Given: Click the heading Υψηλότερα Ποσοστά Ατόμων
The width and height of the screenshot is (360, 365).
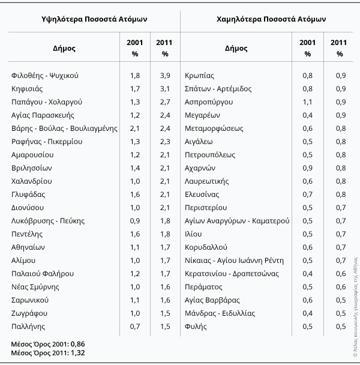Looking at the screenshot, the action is click(x=94, y=19).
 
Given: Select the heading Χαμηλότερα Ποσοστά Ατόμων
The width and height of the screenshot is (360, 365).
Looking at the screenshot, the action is click(x=271, y=19).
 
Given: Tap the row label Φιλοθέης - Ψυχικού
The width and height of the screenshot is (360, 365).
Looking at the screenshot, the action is click(x=45, y=76).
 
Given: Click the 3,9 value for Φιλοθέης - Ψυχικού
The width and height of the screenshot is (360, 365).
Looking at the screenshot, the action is click(x=165, y=76).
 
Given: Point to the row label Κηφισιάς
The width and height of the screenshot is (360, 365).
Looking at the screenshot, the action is click(x=27, y=89).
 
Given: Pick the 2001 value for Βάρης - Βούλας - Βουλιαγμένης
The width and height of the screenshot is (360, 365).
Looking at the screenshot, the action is click(x=135, y=128).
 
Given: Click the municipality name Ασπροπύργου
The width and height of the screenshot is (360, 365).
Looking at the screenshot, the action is click(x=209, y=102).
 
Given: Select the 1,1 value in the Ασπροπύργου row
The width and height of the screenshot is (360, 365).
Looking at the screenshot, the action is click(x=307, y=102).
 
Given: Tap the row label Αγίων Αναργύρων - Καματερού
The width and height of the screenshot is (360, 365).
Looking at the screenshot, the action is click(x=237, y=221).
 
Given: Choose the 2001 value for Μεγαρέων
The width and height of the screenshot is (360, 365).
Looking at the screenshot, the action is click(x=307, y=115).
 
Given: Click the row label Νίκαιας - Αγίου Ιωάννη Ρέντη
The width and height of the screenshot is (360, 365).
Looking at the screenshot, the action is click(x=235, y=261).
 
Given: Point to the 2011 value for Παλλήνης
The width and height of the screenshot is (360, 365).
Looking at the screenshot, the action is click(x=165, y=327).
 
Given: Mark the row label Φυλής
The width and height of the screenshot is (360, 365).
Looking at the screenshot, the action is click(x=196, y=327).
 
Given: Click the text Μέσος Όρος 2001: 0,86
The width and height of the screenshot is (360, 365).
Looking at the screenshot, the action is click(x=48, y=344).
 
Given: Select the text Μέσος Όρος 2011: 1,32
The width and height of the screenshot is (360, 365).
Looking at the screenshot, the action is click(x=48, y=353).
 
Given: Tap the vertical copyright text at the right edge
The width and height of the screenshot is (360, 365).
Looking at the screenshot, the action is click(x=355, y=307).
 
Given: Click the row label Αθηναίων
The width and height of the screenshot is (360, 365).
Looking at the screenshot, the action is click(x=28, y=247).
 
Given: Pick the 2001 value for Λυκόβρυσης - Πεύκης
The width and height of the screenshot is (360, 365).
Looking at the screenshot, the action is click(x=135, y=221).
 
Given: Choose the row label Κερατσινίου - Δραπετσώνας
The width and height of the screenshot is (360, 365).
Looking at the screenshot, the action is click(x=232, y=274).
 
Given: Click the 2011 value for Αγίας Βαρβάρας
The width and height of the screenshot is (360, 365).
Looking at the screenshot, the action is click(x=341, y=300).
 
